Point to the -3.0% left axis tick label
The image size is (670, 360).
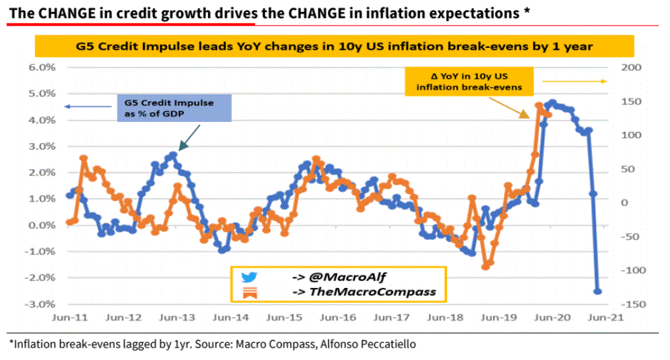coord(41,304)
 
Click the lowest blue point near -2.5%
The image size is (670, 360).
coord(597,291)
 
